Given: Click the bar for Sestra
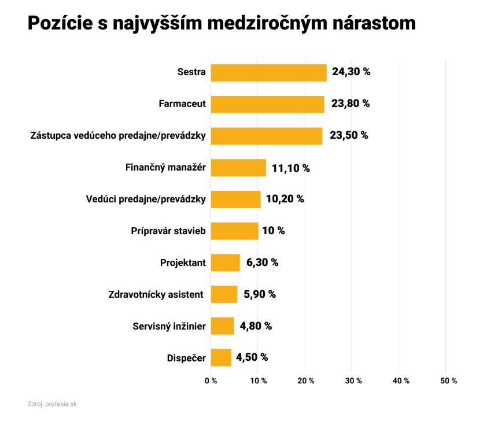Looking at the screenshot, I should (x=268, y=73).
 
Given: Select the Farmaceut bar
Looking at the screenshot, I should (x=267, y=104).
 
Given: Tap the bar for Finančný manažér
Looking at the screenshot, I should (x=238, y=168).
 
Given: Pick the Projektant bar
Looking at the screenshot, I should (x=225, y=263).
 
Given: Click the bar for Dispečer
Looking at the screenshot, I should (x=221, y=357).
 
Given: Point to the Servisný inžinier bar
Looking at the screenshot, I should (x=222, y=326).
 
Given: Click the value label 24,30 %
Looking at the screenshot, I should (x=351, y=72).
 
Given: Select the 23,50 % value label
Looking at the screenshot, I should (x=349, y=135).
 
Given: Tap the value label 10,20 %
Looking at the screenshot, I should (x=285, y=199).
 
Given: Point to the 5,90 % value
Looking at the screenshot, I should (x=260, y=294).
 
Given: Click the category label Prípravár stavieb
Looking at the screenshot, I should (x=168, y=231).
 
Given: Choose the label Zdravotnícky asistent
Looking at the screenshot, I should (x=156, y=294).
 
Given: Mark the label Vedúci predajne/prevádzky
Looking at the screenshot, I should (x=145, y=199).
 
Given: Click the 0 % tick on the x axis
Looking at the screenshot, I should (x=211, y=380).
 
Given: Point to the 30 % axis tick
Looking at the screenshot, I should (x=353, y=380).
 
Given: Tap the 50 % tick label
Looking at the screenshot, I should (x=448, y=380).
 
